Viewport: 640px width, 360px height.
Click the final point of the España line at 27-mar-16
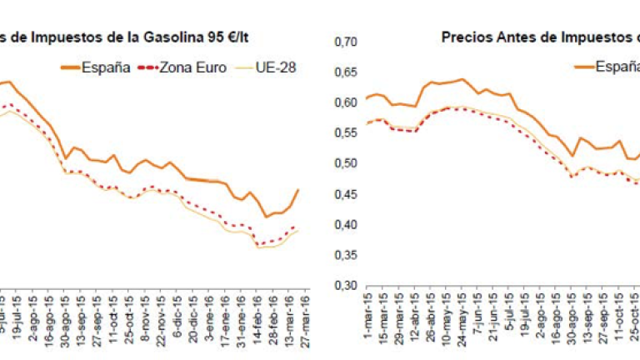pos(298,190)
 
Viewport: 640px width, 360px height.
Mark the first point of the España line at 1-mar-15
pos(367,98)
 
